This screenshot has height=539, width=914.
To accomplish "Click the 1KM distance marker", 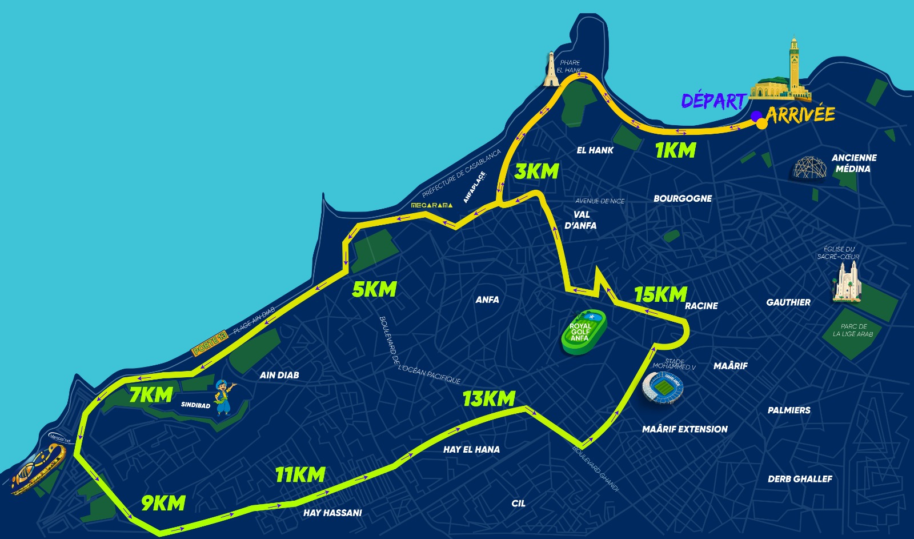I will tap(675, 150).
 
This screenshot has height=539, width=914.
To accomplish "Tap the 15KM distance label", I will tap(660, 294).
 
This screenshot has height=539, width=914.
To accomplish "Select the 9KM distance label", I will tap(163, 503).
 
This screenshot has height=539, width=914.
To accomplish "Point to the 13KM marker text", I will tap(489, 398).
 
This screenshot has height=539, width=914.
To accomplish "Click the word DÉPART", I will tap(714, 101).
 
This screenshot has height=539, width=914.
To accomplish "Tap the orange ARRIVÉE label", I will tap(801, 114).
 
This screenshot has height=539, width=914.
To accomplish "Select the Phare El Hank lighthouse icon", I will tap(551, 70).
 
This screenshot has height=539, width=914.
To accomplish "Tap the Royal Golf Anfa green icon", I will tap(583, 333).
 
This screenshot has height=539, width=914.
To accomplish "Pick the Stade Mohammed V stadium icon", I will tap(663, 388).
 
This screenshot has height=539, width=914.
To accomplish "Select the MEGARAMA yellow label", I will tap(432, 205).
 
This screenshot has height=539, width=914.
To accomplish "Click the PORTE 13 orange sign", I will tap(210, 342).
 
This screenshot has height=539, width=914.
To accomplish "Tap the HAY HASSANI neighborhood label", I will tap(332, 513).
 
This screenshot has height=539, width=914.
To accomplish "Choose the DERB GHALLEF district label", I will tap(800, 479).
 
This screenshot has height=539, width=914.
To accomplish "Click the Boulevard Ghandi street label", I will tap(595, 468).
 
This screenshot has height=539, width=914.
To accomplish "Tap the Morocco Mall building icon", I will tap(39, 468).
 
